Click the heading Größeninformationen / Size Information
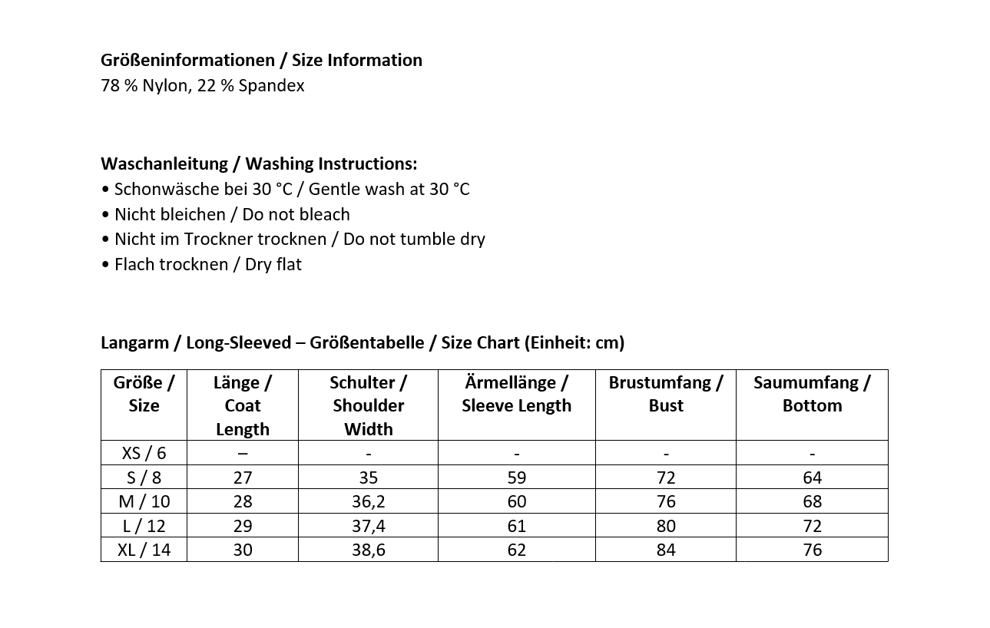click(261, 60)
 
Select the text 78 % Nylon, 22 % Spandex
click(202, 85)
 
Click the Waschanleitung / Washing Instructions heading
click(259, 164)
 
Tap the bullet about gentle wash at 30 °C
click(285, 189)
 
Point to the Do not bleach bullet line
click(225, 214)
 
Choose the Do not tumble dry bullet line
click(293, 239)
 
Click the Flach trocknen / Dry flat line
click(201, 264)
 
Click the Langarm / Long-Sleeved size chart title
click(363, 342)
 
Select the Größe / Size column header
click(144, 394)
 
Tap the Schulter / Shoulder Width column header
click(368, 405)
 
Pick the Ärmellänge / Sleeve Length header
click(516, 394)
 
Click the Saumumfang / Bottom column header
click(812, 394)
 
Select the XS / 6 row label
click(144, 453)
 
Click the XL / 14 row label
click(144, 550)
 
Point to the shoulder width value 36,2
click(368, 501)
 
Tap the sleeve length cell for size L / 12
click(516, 526)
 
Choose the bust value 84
click(665, 550)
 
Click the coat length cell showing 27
click(242, 478)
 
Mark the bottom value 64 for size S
click(812, 478)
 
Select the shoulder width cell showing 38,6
click(368, 550)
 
